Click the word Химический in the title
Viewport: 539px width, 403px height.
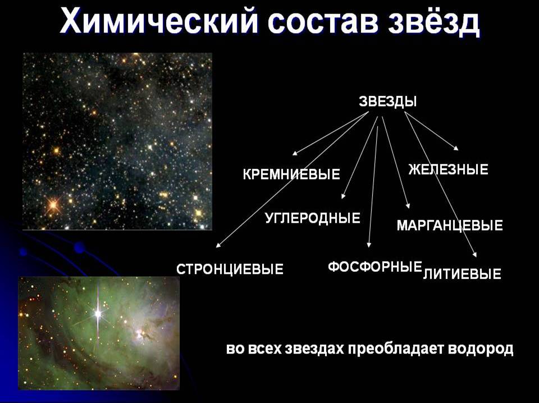(158, 22)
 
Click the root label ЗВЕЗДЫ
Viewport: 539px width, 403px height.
(388, 102)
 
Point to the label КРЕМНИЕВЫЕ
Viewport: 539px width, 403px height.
(291, 174)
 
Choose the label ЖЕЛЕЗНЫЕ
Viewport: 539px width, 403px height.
(448, 170)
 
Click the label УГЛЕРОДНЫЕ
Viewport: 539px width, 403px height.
(313, 218)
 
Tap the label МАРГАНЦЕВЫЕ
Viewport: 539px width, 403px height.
(450, 226)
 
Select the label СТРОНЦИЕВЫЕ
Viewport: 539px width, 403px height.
(230, 269)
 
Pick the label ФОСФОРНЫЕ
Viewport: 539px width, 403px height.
(374, 267)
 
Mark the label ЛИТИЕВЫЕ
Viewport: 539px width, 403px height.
(462, 274)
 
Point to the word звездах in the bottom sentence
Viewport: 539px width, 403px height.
(315, 349)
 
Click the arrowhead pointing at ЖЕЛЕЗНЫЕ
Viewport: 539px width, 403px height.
(456, 148)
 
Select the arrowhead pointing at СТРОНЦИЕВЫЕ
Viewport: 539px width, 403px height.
(218, 245)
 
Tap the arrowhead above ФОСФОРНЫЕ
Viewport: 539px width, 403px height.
(369, 245)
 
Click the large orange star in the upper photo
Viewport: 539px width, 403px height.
(53, 205)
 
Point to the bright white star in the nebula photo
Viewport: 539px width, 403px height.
(98, 313)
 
